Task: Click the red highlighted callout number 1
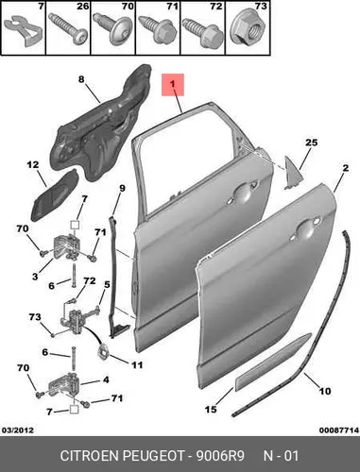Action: point(173,85)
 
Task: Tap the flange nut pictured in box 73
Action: point(247,30)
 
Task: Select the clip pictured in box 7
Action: point(23,30)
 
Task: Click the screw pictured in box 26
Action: point(68,30)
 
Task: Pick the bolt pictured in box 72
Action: point(203,32)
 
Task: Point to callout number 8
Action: point(81,79)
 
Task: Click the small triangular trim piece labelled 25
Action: point(293,173)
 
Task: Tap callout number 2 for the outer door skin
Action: point(346,168)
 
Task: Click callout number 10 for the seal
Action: point(325,391)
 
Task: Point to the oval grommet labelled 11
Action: point(103,351)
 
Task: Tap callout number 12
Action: point(33,164)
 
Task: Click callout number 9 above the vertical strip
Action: point(122,188)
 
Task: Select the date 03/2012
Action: point(18,430)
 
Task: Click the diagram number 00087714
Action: point(339,430)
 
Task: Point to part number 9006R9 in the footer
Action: point(220,456)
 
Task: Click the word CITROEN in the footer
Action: point(89,456)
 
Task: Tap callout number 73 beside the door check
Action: point(35,316)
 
